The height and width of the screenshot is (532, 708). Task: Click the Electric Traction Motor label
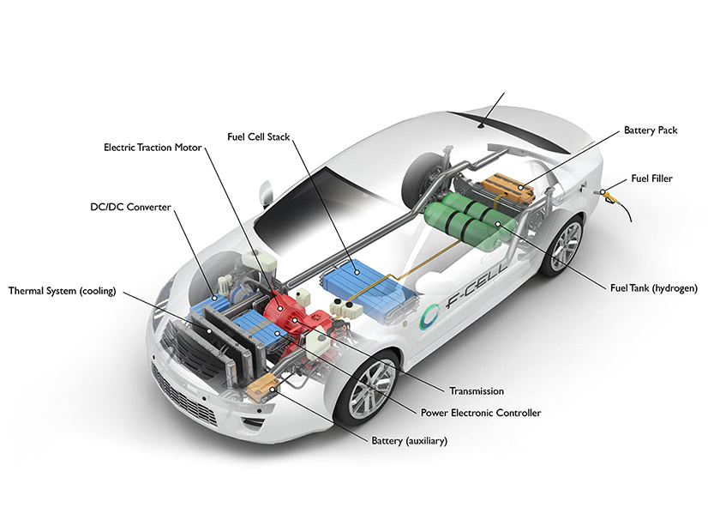[x=153, y=148]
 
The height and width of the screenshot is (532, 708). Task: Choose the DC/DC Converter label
[x=131, y=207]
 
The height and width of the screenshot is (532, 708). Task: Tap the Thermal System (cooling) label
[x=62, y=290]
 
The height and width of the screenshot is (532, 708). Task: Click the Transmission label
[x=476, y=391]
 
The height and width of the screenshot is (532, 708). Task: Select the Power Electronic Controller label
[x=481, y=413]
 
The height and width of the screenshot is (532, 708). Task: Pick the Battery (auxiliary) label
[x=409, y=441]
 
